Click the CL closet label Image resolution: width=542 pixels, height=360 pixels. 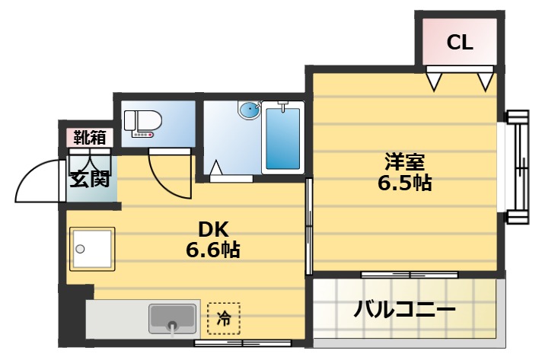[459, 43]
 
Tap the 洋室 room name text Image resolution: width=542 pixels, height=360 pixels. [403, 162]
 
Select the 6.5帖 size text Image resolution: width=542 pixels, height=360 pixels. [403, 183]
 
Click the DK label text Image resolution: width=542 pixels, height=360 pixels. [213, 228]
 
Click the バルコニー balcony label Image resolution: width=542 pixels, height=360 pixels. [404, 310]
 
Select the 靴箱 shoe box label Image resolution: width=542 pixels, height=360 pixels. [89, 138]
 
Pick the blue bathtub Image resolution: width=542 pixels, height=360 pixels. [283, 140]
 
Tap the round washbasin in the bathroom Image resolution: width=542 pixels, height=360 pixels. [249, 111]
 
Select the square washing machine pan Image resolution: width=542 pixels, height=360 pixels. [91, 249]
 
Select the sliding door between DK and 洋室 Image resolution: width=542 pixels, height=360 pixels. [308, 226]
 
